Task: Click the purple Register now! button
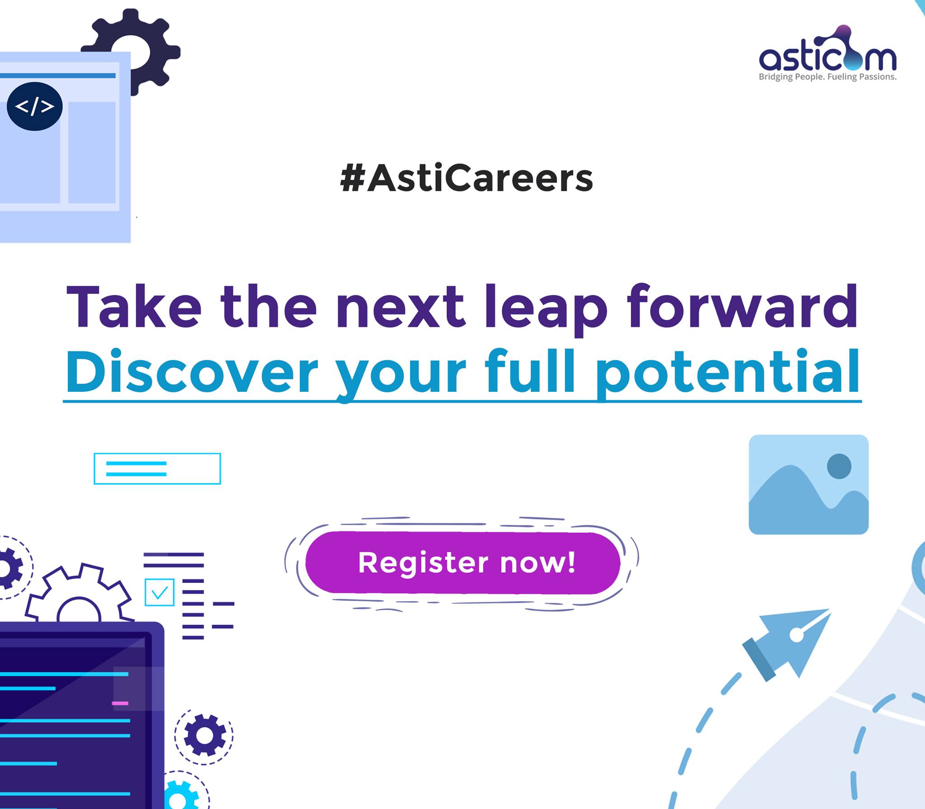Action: point(462,563)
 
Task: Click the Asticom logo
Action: point(827,53)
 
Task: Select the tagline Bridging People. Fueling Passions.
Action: point(827,77)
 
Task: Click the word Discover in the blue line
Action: point(192,372)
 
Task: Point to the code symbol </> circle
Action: point(34,107)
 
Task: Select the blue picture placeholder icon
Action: point(808,484)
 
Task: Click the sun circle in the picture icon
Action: point(839,466)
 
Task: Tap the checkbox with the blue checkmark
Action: point(159,592)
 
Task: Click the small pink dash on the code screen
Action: point(120,703)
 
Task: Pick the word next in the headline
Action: point(400,309)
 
